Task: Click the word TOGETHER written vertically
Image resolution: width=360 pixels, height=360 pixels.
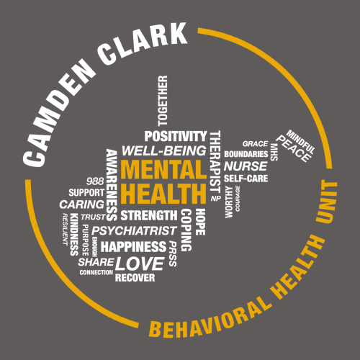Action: [163, 101]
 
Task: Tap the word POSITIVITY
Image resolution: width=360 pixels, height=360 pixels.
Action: [176, 136]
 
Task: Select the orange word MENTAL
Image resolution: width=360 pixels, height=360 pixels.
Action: [163, 169]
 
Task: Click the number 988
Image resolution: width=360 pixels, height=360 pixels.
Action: [95, 181]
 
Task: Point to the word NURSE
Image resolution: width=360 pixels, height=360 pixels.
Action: [246, 166]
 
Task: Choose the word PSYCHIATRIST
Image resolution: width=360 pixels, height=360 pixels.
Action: [135, 230]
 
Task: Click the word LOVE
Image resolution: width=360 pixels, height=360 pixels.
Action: [140, 264]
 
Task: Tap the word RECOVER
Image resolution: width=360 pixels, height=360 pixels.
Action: [135, 278]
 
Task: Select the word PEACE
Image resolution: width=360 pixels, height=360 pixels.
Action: [293, 149]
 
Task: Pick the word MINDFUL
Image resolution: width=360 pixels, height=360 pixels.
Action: [300, 142]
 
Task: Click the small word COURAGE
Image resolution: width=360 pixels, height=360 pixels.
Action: [238, 198]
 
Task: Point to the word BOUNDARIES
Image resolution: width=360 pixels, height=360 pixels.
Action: [246, 154]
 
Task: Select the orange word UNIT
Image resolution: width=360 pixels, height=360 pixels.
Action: [327, 202]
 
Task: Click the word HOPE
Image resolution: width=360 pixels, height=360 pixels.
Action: [200, 222]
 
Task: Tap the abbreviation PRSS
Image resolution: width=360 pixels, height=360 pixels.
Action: [173, 254]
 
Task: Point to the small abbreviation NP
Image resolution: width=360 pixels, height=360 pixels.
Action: [216, 199]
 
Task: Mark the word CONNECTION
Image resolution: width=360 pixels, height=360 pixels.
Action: [96, 272]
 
